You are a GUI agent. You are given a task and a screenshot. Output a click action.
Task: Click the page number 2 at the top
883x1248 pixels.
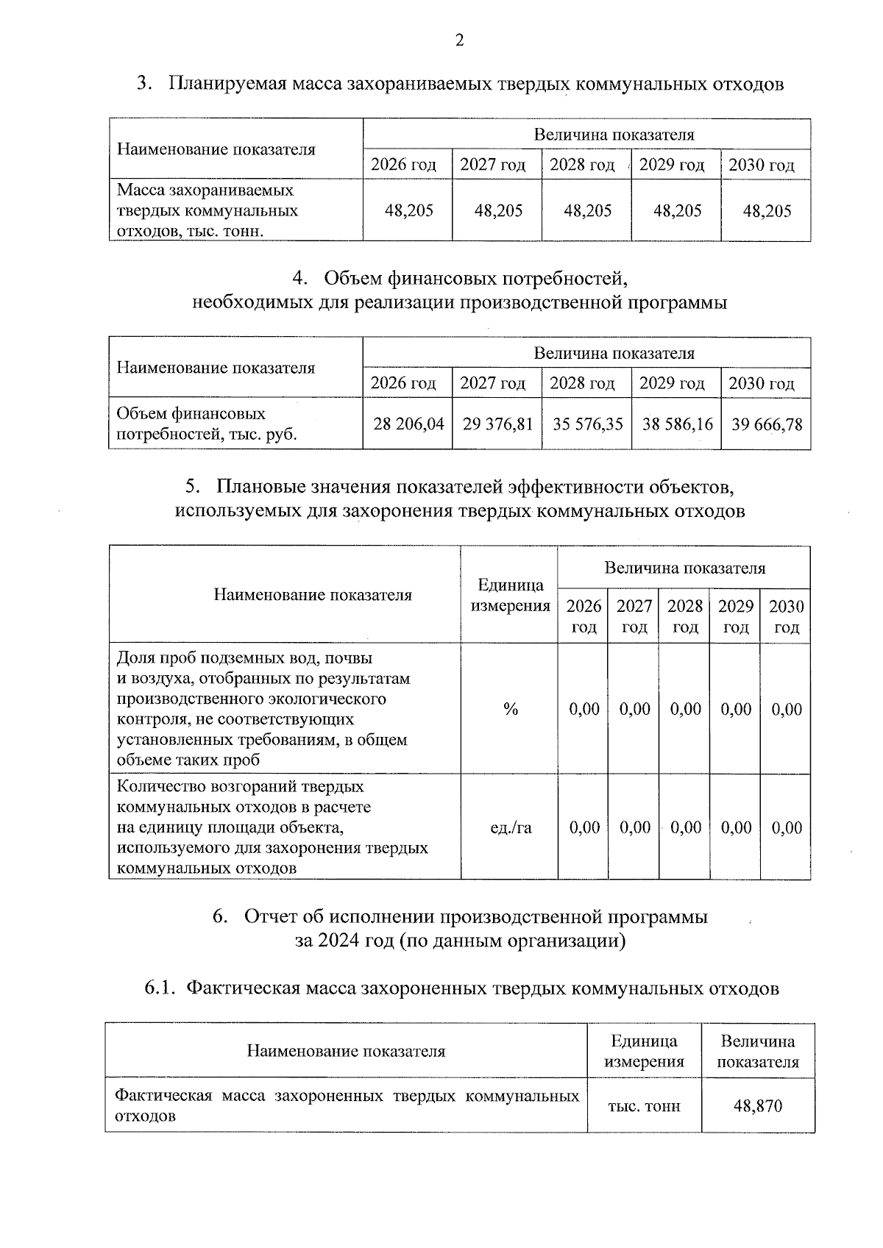point(459,40)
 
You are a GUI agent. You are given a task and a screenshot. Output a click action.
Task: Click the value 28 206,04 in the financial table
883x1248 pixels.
point(408,424)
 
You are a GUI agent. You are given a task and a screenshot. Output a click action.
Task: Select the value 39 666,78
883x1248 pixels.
point(766,424)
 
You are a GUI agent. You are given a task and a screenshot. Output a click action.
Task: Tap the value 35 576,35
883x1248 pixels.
point(587,424)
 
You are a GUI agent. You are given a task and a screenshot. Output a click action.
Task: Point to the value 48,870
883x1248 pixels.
point(757,1105)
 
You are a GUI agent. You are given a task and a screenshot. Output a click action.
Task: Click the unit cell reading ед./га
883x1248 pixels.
point(511,827)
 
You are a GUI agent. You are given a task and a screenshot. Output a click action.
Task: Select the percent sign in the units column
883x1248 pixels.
point(511,709)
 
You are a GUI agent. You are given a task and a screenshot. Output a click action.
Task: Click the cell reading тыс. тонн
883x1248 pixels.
point(644,1105)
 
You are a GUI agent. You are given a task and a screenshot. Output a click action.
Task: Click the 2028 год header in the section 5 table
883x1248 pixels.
point(684,616)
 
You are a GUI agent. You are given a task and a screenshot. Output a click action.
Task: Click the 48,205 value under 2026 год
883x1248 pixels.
point(409,211)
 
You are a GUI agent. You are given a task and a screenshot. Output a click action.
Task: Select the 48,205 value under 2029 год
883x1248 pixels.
point(677,211)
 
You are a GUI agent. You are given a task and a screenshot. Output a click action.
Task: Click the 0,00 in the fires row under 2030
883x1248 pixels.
point(787,827)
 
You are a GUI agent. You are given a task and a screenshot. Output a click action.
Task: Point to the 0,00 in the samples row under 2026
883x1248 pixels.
point(584,709)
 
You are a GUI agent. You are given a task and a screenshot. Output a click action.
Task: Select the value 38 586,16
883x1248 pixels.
point(677,424)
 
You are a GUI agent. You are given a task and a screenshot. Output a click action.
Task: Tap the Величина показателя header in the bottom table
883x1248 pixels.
point(757,1052)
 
